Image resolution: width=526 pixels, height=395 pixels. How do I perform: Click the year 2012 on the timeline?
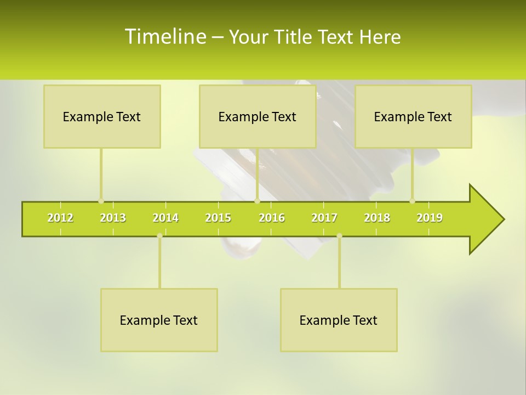coord(60,218)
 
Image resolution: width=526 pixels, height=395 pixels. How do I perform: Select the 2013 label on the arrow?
coord(113,218)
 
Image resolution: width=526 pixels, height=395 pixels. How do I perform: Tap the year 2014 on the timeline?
coord(165,218)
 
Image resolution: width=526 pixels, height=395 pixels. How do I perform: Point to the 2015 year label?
coord(218,218)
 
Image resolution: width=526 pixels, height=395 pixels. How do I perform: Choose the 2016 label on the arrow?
coord(272,218)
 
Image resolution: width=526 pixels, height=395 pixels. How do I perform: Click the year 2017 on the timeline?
coord(324,218)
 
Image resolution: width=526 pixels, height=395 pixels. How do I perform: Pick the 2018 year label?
coord(377,218)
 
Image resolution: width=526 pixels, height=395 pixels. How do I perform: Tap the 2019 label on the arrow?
coord(430,218)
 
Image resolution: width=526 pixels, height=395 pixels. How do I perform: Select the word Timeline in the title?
coord(164,37)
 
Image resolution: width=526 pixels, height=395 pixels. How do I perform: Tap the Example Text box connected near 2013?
coord(102,116)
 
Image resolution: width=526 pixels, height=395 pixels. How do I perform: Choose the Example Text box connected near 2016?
coord(258,116)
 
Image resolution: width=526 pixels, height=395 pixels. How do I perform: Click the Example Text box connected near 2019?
coord(413,116)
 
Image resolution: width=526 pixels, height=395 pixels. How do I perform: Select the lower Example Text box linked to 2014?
coord(159,320)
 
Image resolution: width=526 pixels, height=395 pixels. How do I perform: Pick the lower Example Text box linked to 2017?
coord(339,320)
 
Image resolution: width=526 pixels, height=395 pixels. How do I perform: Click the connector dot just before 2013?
coord(101,201)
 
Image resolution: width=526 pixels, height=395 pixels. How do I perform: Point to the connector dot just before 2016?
coord(257,201)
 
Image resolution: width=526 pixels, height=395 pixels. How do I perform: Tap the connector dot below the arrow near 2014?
coord(159,236)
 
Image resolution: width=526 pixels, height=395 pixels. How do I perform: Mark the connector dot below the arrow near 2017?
coord(339,236)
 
